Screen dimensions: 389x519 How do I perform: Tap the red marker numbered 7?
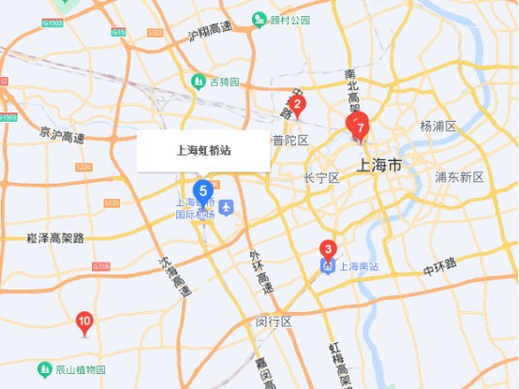click(359, 125)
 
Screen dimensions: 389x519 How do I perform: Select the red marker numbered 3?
click(327, 249)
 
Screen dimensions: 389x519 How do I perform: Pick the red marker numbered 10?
click(84, 323)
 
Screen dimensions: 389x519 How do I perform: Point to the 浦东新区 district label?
click(459, 176)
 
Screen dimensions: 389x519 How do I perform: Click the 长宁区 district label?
click(321, 177)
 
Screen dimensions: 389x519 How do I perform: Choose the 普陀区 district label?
click(290, 141)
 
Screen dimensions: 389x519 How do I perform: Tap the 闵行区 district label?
click(274, 322)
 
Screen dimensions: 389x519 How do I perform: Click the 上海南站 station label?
click(356, 266)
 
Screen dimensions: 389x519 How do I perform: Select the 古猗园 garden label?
click(223, 81)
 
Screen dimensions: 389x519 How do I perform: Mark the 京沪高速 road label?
click(62, 137)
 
